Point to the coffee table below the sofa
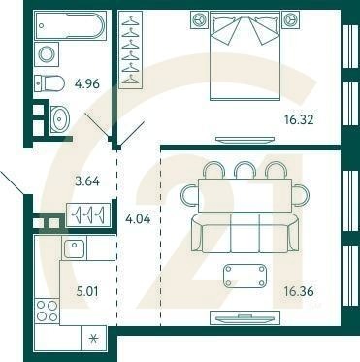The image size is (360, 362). point(245,275)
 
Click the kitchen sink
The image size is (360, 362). point(76,248)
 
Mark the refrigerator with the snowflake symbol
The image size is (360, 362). point(93,338)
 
